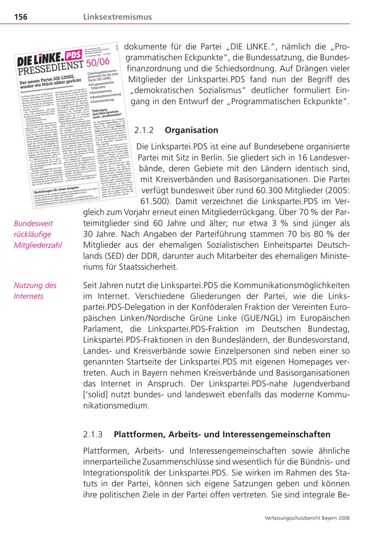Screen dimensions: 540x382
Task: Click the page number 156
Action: pyautogui.click(x=21, y=17)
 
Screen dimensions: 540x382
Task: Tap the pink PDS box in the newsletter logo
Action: pyautogui.click(x=73, y=55)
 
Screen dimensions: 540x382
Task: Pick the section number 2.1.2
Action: pyautogui.click(x=143, y=130)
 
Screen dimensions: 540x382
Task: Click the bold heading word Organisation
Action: pyautogui.click(x=191, y=130)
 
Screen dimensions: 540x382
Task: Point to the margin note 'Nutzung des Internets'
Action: pyautogui.click(x=35, y=291)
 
